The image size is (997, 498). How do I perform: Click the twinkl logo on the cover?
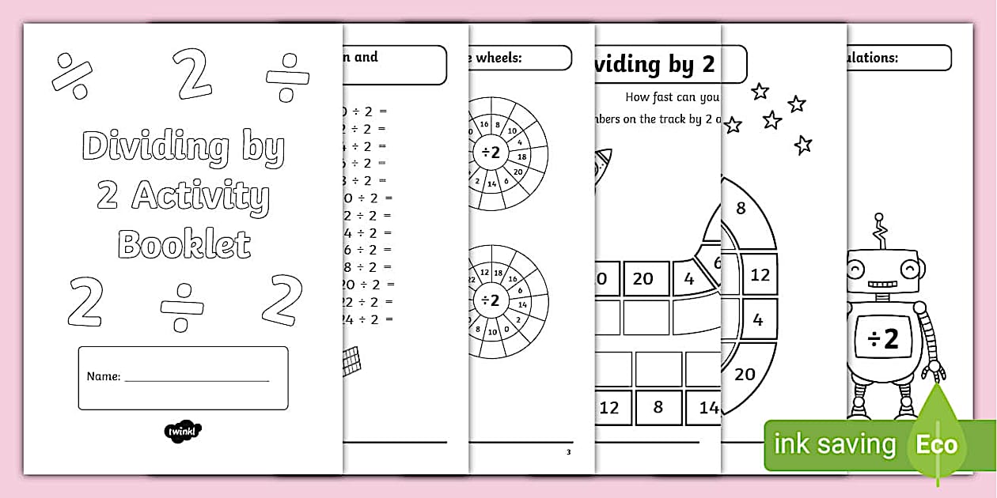tap(183, 432)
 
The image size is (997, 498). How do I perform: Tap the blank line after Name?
tap(197, 379)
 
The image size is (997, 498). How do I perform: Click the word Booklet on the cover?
tap(184, 244)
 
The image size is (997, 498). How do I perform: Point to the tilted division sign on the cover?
tap(72, 76)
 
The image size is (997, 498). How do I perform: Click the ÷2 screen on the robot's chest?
tap(884, 339)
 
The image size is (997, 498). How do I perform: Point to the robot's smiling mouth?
tap(883, 284)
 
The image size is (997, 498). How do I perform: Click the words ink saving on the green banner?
tap(835, 444)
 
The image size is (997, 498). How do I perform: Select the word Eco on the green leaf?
tap(937, 444)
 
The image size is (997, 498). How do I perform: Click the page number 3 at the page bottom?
tap(567, 452)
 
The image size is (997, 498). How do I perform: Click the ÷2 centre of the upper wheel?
tap(491, 153)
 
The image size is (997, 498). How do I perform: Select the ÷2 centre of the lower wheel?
tap(491, 300)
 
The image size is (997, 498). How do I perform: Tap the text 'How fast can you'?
tap(672, 97)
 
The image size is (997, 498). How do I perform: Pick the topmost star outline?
tap(760, 92)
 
